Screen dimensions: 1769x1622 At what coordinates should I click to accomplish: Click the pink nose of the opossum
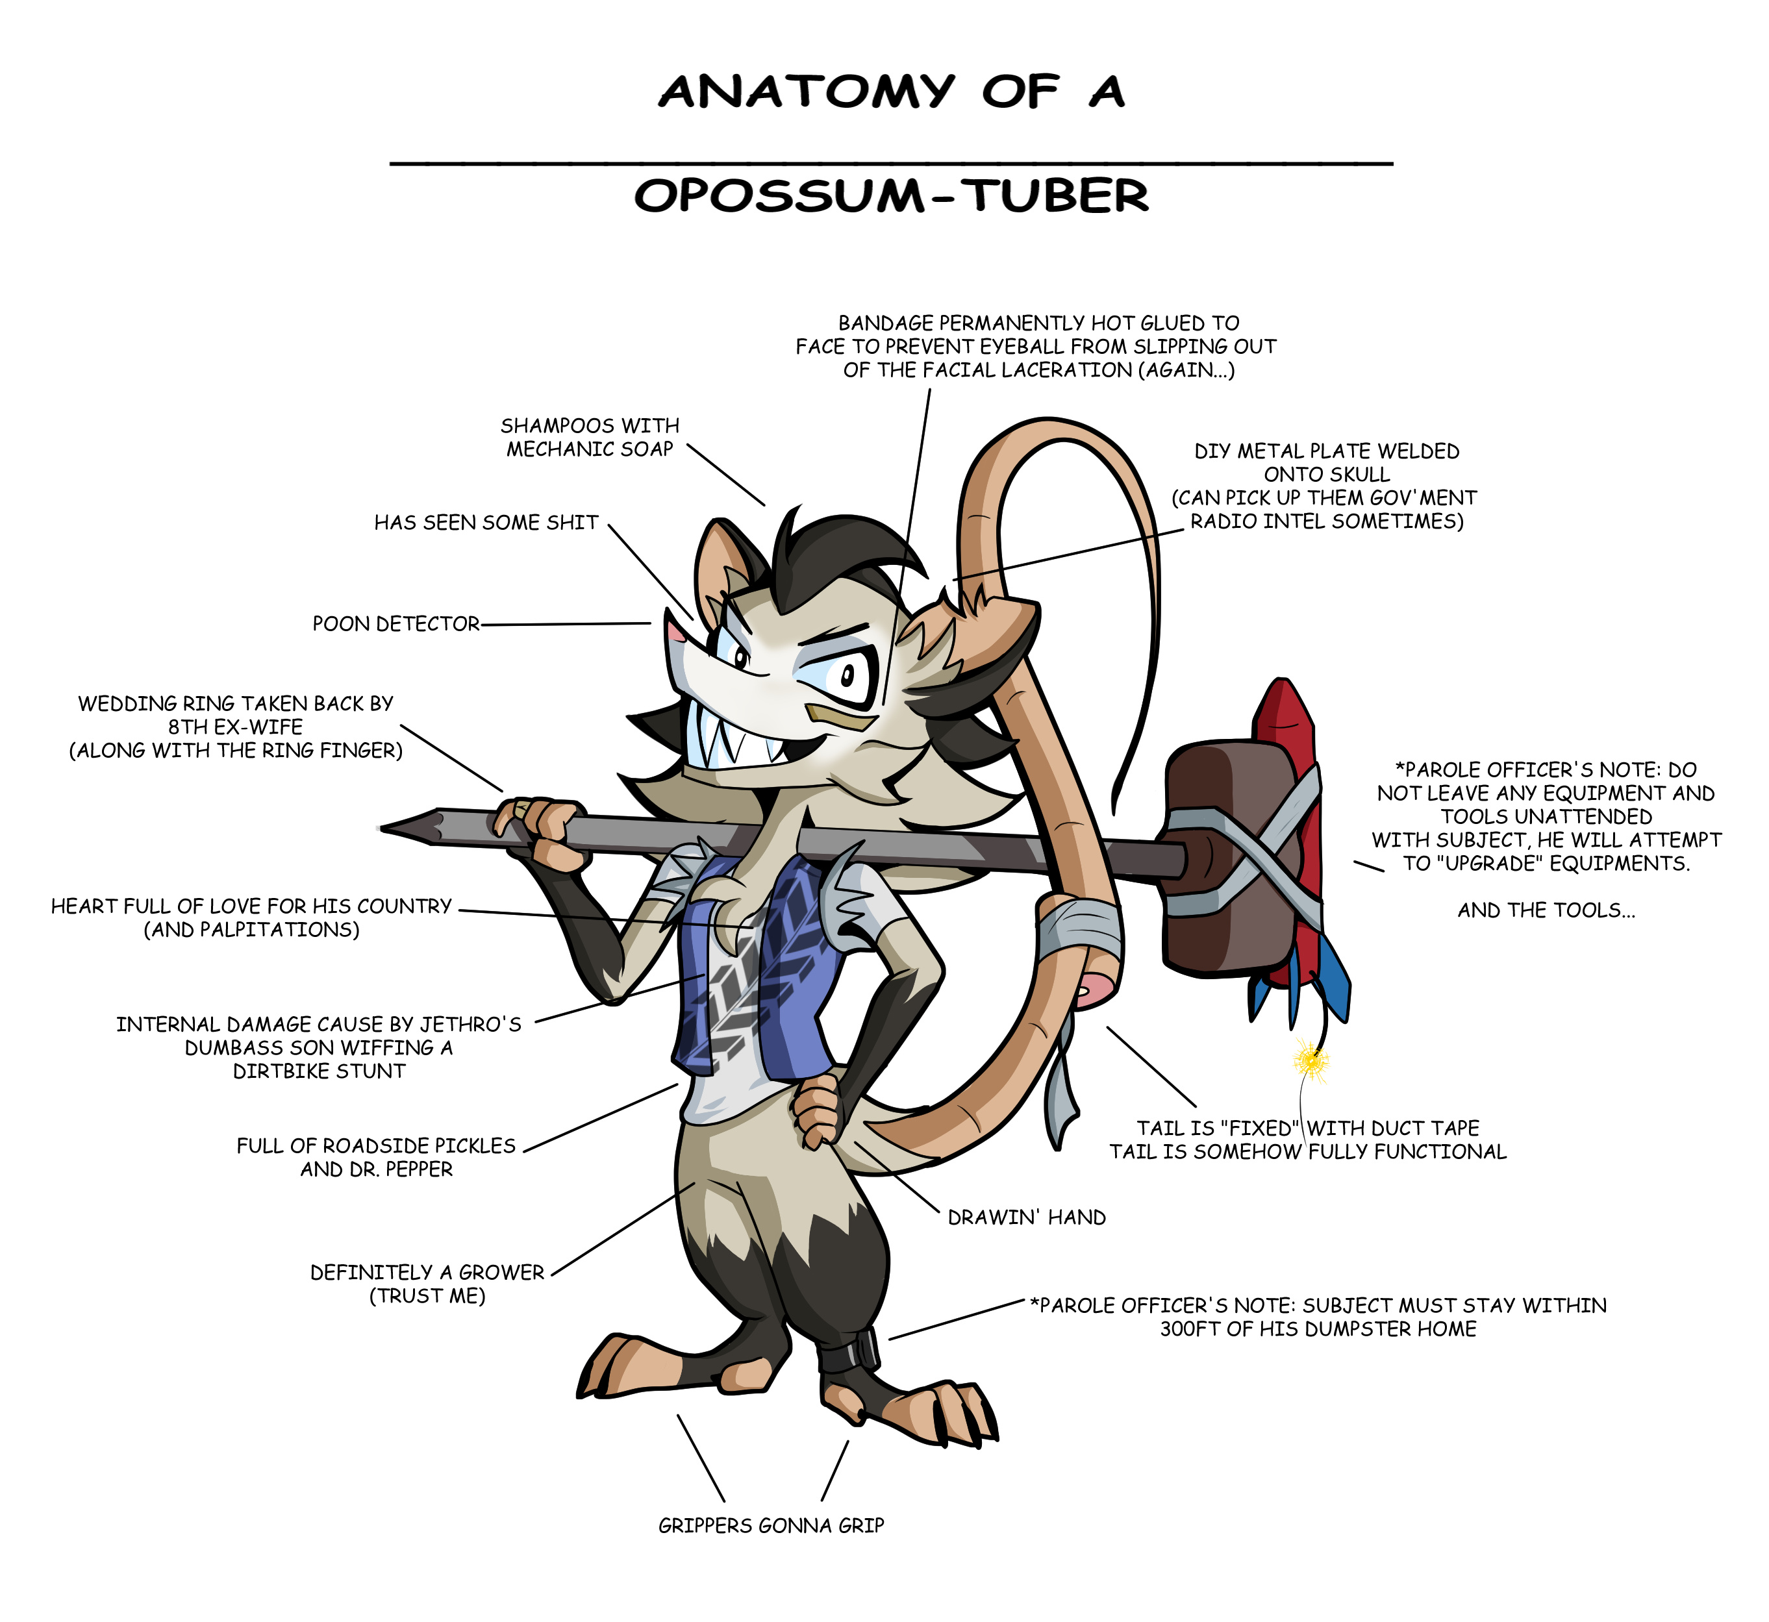674,630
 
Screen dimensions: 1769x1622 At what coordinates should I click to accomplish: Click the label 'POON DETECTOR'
396,624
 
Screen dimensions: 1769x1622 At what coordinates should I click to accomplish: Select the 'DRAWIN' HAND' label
1026,1217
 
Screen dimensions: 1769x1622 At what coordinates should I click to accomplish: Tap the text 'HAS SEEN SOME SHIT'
486,523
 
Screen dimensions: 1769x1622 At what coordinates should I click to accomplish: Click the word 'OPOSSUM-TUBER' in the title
891,195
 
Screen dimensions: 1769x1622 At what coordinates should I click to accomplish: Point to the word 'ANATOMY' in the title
806,92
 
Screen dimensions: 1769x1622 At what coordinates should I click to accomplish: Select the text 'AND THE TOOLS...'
1546,910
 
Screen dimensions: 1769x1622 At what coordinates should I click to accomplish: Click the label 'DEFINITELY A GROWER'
427,1273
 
